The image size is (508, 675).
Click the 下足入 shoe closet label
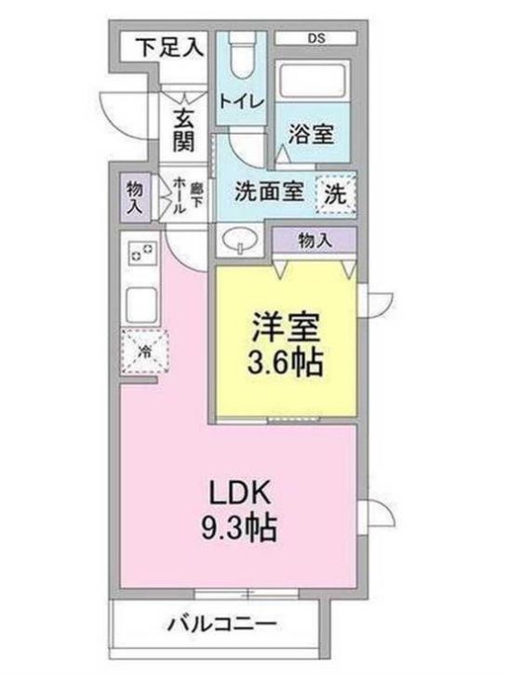pos(168,46)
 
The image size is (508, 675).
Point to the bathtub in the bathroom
pos(313,88)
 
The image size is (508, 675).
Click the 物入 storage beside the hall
pos(135,197)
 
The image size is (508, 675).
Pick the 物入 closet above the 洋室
pos(314,240)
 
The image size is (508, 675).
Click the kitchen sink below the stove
pos(141,303)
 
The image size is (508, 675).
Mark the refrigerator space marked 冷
pos(143,351)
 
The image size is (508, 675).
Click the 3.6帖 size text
pos(287,361)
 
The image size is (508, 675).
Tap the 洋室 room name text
pos(287,328)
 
